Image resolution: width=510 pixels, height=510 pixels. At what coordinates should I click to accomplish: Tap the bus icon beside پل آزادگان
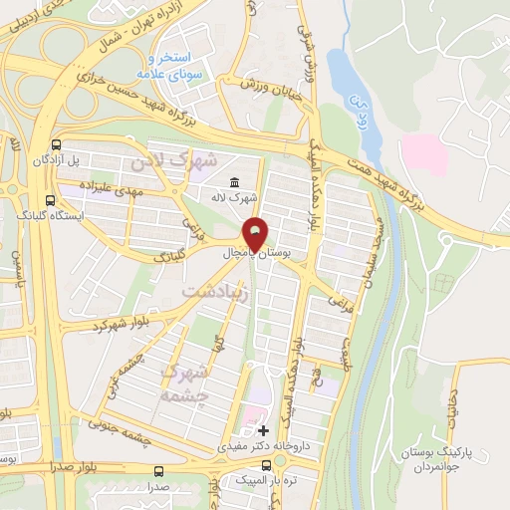66,144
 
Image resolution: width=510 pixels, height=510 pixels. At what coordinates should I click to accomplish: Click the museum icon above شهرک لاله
234,182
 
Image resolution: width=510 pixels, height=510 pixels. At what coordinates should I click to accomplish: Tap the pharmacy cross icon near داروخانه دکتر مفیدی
263,430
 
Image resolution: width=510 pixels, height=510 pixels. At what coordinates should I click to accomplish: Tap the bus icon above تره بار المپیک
252,466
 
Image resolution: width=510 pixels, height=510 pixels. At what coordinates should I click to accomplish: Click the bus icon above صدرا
157,471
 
